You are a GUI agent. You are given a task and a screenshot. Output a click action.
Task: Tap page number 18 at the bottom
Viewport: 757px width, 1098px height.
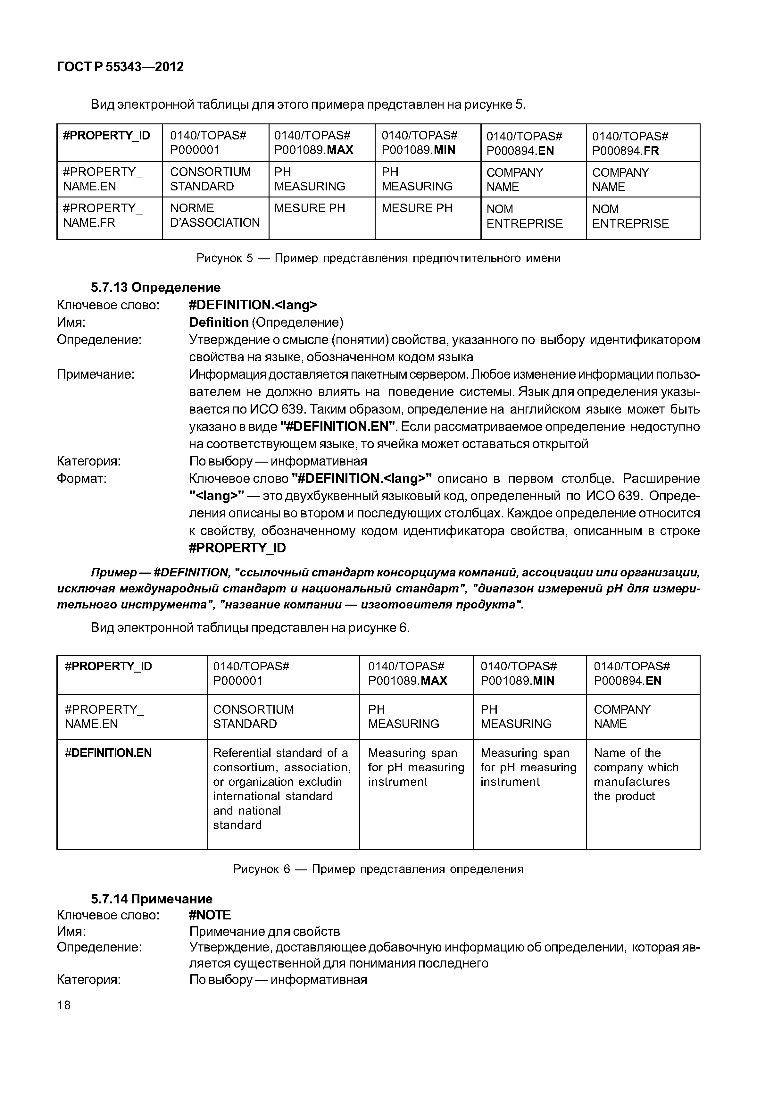point(63,1005)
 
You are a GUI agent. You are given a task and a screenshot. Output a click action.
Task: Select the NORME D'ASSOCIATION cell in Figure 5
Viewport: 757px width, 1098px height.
point(215,215)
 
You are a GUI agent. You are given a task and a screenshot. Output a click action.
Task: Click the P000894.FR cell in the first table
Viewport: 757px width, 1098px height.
point(629,143)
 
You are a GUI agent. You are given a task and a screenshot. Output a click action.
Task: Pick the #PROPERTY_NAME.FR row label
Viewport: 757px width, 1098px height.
point(103,215)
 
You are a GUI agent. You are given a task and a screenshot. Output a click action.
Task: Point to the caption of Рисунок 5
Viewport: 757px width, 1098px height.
point(378,258)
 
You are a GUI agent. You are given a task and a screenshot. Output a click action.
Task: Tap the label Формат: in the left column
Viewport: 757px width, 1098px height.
point(82,479)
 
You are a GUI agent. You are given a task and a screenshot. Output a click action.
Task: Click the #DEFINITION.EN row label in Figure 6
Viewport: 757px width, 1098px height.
point(108,753)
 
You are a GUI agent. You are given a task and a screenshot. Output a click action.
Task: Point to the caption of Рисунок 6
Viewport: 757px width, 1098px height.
point(378,869)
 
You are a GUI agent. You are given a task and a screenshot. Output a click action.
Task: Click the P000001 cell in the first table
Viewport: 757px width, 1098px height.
point(208,143)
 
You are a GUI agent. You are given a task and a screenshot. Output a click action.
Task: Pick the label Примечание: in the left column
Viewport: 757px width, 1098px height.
point(95,375)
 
